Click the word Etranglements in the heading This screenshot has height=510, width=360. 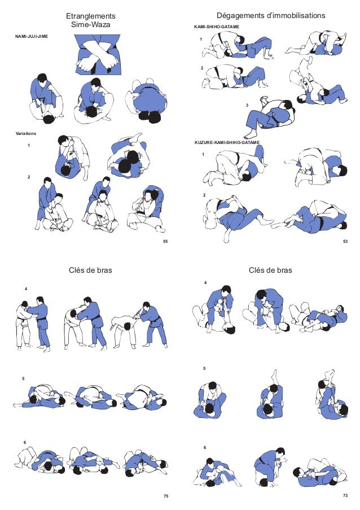[91, 16]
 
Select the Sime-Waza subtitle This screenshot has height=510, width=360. [91, 25]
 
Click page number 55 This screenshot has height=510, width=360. [165, 241]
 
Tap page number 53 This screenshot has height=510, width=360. [345, 241]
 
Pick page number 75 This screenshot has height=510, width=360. [165, 496]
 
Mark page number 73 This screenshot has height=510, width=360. [345, 495]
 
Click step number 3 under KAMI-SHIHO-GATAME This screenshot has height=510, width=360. [247, 106]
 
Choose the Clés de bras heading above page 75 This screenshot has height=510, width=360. [90, 271]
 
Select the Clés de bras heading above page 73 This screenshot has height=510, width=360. [270, 271]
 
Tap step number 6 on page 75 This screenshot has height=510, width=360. [25, 441]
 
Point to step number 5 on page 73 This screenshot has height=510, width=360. [204, 368]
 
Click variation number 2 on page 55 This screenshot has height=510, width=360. [29, 177]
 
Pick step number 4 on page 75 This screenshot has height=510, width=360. [25, 289]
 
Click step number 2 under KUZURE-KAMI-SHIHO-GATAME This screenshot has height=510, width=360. [204, 195]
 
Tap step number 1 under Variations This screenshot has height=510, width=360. [29, 145]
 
